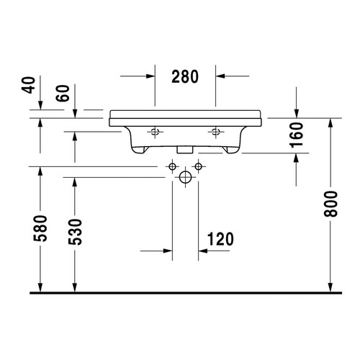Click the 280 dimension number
click(x=185, y=76)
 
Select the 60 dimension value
click(x=63, y=94)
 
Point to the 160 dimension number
click(x=297, y=135)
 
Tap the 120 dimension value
click(x=219, y=238)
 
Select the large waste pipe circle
click(x=185, y=176)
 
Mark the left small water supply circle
click(x=172, y=167)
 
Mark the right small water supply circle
click(x=198, y=167)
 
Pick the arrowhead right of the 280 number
click(x=220, y=76)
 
